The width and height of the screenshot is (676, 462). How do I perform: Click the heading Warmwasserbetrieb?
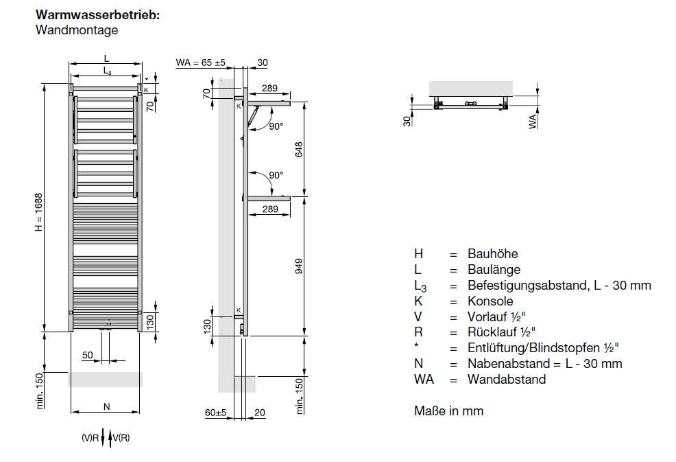(97, 15)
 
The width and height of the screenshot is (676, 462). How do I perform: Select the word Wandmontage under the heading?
(76, 30)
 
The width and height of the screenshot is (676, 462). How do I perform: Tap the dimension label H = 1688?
(39, 210)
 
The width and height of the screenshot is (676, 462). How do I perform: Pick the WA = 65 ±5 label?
(201, 62)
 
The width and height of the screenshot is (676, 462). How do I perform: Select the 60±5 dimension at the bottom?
(215, 413)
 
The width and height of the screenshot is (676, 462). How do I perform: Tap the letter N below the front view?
(106, 406)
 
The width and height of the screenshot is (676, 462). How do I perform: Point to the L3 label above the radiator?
(107, 71)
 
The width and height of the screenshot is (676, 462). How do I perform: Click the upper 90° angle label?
(276, 126)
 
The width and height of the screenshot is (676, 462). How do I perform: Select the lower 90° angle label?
(276, 175)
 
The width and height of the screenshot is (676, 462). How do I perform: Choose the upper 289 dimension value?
(269, 89)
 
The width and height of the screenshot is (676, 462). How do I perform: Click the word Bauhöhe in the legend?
(492, 253)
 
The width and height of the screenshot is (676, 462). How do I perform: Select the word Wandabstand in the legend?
(507, 380)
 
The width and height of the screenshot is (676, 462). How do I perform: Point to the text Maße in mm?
(448, 411)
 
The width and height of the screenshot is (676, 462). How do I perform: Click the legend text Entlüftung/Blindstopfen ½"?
(548, 348)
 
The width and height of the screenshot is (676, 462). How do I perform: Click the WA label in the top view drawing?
(533, 122)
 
